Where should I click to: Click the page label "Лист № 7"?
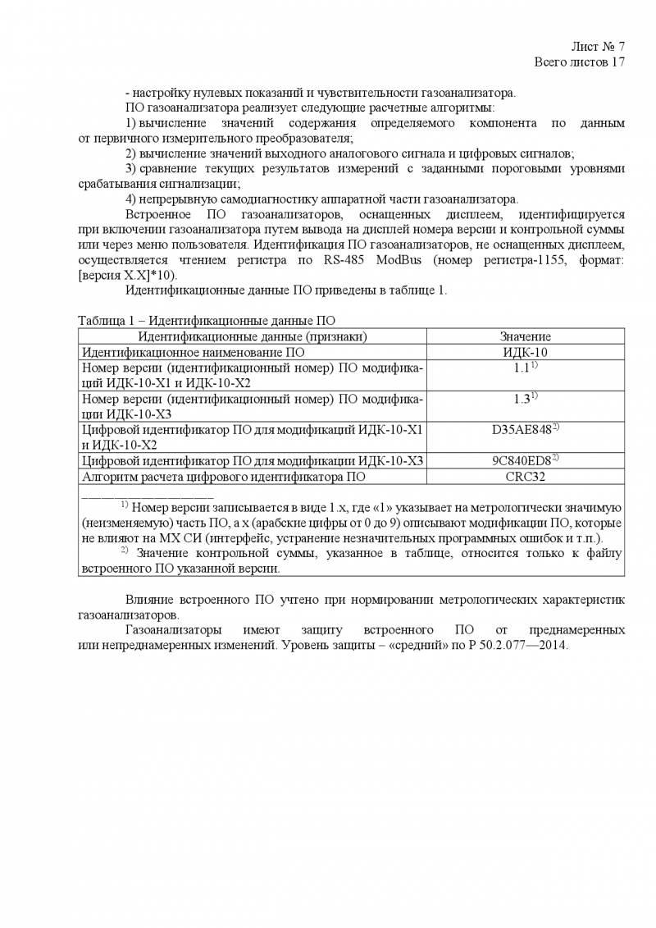[x=598, y=46]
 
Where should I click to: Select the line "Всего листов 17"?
[x=580, y=62]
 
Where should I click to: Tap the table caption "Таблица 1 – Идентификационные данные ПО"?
[x=207, y=320]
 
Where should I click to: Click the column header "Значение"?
[x=525, y=336]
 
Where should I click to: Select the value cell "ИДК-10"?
[x=525, y=352]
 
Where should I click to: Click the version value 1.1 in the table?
[x=522, y=368]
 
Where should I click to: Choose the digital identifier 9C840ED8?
[x=522, y=460]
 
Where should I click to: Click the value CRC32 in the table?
[x=525, y=476]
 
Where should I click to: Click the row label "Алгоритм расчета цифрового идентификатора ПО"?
[x=223, y=476]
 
